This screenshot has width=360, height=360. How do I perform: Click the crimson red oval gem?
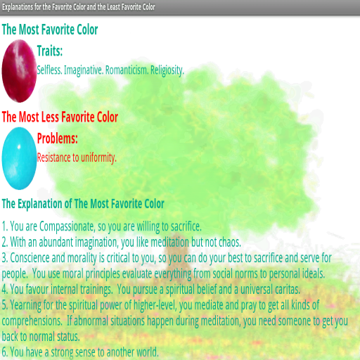point(19,71)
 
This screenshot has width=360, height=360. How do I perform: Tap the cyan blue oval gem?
point(19,158)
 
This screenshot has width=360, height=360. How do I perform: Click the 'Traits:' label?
point(50,51)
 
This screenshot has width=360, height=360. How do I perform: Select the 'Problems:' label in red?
point(58,139)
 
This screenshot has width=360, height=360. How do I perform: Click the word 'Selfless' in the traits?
point(49,70)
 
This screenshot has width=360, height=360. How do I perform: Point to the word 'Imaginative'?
point(83,70)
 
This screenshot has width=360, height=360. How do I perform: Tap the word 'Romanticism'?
point(127,70)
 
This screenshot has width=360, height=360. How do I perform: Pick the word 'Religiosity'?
point(167,70)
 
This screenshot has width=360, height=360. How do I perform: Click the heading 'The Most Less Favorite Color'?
point(60,117)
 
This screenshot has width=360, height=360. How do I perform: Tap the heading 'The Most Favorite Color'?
point(50,30)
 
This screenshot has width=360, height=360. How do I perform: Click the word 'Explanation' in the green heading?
point(40,204)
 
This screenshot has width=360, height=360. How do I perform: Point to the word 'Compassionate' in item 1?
point(67,227)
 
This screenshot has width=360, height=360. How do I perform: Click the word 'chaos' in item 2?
point(230,242)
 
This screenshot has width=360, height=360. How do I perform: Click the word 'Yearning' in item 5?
point(25,305)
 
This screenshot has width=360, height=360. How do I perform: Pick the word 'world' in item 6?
point(148,352)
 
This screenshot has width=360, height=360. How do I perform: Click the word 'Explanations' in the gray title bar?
point(18,7)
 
